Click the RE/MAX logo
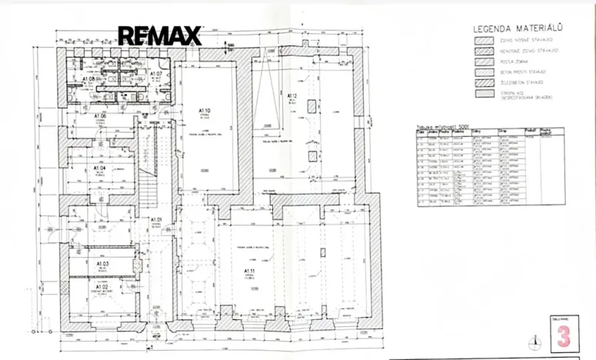tap(159, 35)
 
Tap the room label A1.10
tap(205, 111)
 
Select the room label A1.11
tap(249, 271)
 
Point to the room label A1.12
tap(291, 96)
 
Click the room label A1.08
tap(88, 79)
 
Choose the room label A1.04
tap(100, 167)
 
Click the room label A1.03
tap(102, 263)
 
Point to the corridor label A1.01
tap(156, 220)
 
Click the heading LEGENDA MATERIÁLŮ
tap(514, 29)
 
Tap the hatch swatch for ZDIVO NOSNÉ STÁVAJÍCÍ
tap(484, 39)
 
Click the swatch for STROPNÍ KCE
tap(484, 94)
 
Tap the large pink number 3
tap(564, 335)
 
